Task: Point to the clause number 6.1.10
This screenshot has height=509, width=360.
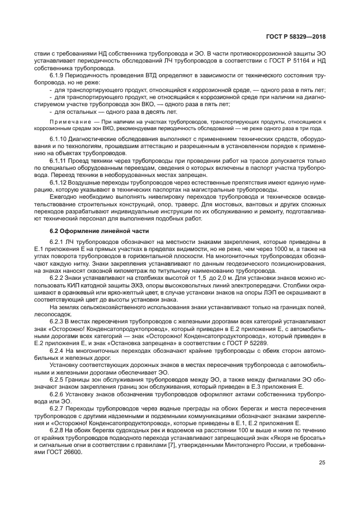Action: point(59,140)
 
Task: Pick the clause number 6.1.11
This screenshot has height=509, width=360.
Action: point(59,161)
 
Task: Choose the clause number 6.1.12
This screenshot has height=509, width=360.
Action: point(59,182)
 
